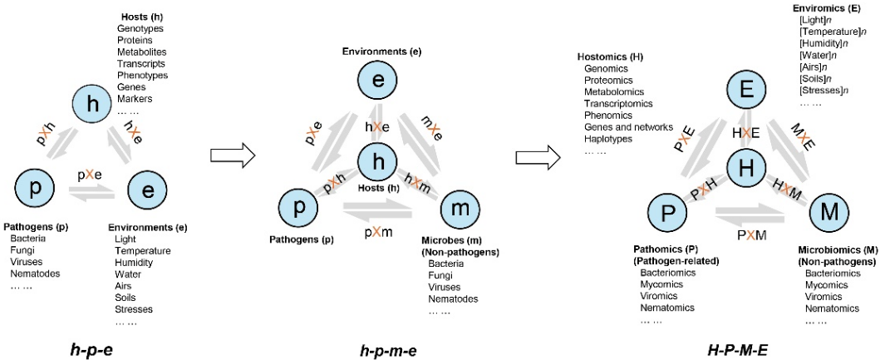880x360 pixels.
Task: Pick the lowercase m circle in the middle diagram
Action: point(459,208)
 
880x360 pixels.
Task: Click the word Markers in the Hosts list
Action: point(135,98)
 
